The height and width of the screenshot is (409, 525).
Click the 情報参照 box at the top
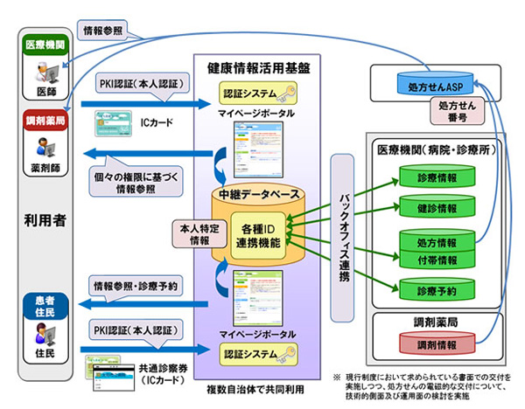click(x=102, y=31)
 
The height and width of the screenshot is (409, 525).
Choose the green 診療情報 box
click(x=436, y=177)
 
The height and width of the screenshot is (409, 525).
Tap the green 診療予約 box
click(x=436, y=288)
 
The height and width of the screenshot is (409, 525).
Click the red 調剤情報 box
click(x=435, y=345)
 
